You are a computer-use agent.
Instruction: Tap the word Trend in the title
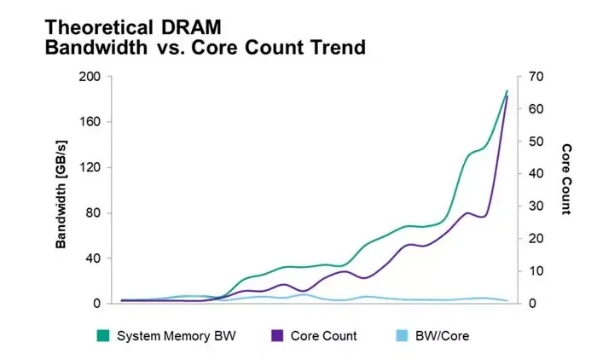tap(337, 48)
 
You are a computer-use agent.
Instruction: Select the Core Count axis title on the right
tap(565, 179)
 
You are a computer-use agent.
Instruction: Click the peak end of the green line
tap(507, 90)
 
